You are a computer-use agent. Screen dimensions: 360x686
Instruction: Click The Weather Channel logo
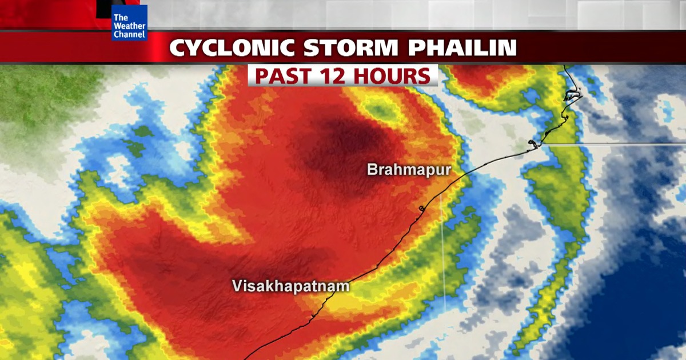tap(130, 22)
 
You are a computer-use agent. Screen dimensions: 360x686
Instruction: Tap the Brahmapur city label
tap(409, 170)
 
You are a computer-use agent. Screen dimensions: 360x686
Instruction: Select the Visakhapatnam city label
tap(290, 286)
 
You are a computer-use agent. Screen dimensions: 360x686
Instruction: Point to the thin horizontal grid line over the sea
tap(617, 145)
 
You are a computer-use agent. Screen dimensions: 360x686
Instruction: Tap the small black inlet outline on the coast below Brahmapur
tap(422, 208)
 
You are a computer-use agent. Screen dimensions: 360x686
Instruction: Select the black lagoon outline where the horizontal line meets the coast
tap(535, 145)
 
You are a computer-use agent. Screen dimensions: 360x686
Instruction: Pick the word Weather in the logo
tap(130, 26)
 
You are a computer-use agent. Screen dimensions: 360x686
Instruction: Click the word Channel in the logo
tap(130, 34)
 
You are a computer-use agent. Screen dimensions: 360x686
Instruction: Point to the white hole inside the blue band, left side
tap(117, 171)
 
